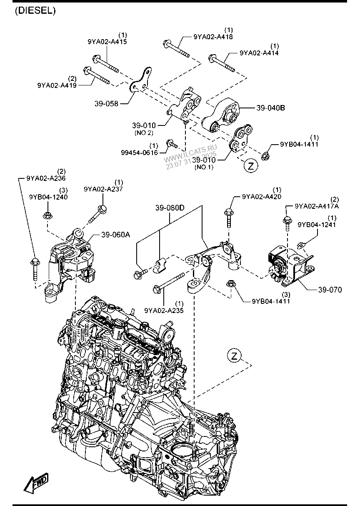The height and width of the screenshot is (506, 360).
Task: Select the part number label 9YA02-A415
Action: pyautogui.click(x=107, y=42)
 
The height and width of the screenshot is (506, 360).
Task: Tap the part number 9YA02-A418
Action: pyautogui.click(x=213, y=37)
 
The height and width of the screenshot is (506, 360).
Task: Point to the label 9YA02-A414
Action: pyautogui.click(x=259, y=53)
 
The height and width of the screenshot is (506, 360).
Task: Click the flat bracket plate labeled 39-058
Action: pyautogui.click(x=140, y=81)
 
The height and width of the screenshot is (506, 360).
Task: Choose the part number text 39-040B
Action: pyautogui.click(x=270, y=108)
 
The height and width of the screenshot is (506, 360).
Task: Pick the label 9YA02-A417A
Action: pyautogui.click(x=317, y=206)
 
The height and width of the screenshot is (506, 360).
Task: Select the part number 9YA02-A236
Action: pyautogui.click(x=46, y=178)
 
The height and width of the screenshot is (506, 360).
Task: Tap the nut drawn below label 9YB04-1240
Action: pyautogui.click(x=47, y=215)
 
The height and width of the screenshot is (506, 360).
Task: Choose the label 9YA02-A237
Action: pyautogui.click(x=103, y=189)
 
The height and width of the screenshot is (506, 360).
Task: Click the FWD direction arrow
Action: pyautogui.click(x=36, y=482)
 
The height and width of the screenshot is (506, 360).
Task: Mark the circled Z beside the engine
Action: pyautogui.click(x=235, y=356)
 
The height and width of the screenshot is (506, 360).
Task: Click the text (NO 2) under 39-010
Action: pyautogui.click(x=144, y=133)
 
